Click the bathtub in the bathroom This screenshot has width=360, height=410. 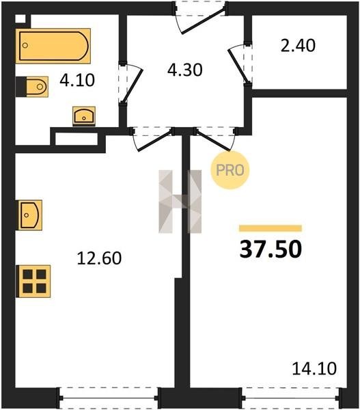[53, 46]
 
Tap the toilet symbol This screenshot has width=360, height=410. [32, 87]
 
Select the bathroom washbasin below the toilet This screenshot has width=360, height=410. [84, 116]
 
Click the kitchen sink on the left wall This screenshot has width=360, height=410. [30, 215]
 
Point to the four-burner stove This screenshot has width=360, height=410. [33, 282]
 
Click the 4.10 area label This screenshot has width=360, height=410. [77, 80]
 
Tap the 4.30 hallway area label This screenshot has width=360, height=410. [185, 70]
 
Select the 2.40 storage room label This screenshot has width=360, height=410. [298, 46]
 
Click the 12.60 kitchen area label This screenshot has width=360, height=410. [99, 258]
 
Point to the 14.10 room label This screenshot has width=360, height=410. [314, 369]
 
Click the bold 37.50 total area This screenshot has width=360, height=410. [271, 249]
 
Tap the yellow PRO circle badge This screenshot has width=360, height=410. [230, 170]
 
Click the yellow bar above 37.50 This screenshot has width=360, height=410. [271, 228]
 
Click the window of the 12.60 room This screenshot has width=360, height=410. [109, 398]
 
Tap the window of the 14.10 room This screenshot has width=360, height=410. [292, 398]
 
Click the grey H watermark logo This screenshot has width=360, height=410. [180, 202]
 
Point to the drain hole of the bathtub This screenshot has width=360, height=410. [25, 46]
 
